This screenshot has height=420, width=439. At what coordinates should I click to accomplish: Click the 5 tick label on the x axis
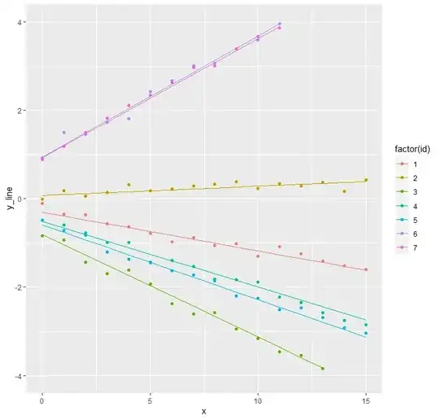150,399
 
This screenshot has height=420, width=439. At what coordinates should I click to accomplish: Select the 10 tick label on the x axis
258,399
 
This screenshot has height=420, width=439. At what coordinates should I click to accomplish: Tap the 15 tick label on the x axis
366,399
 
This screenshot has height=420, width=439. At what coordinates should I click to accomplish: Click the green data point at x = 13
323,369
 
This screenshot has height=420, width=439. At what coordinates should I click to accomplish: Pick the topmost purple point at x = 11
280,24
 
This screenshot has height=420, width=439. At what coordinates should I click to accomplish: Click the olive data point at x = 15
366,180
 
